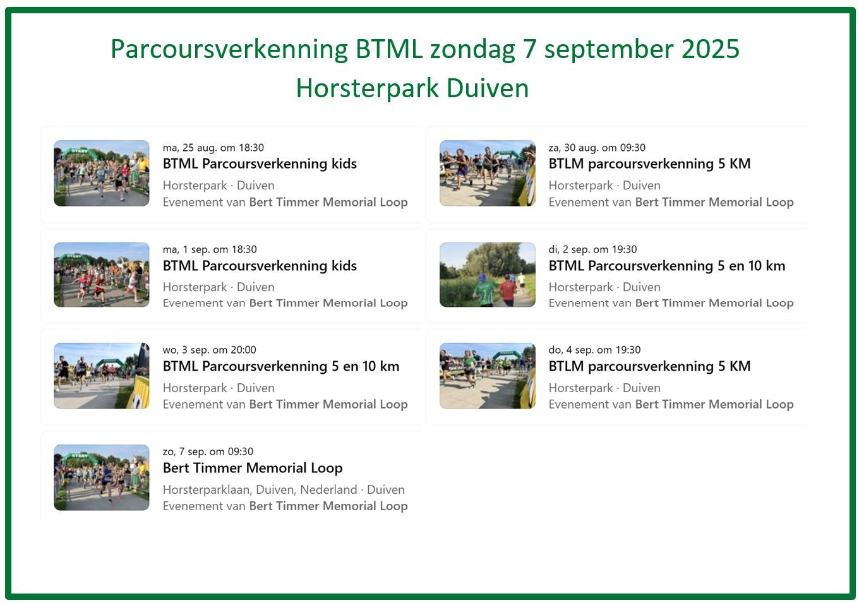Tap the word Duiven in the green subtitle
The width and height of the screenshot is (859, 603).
(488, 88)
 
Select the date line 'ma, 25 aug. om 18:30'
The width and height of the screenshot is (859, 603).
(213, 148)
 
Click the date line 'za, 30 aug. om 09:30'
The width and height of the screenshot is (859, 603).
(597, 148)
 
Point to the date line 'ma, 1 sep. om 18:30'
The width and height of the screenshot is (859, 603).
(210, 249)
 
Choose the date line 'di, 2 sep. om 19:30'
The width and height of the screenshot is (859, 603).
(593, 249)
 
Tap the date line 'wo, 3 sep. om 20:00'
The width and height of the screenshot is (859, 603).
(210, 350)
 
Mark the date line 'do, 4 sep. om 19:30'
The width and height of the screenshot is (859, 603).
(595, 350)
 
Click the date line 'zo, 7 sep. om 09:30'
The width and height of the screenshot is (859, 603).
(208, 451)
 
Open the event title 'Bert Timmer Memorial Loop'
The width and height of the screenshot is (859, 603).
(253, 468)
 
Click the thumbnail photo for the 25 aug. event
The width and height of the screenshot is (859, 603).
(102, 173)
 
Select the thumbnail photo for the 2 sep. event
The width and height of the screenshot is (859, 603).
(488, 275)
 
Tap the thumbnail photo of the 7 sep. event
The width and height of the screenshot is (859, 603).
(102, 477)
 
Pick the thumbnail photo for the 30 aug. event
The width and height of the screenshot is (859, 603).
(488, 173)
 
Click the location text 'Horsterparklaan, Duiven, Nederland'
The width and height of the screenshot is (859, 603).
(260, 490)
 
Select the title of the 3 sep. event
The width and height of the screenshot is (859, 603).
(281, 366)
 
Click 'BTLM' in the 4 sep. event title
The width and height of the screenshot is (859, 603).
(566, 366)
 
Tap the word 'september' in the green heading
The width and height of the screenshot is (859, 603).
(609, 50)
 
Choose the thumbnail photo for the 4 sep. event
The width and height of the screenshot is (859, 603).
(488, 376)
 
